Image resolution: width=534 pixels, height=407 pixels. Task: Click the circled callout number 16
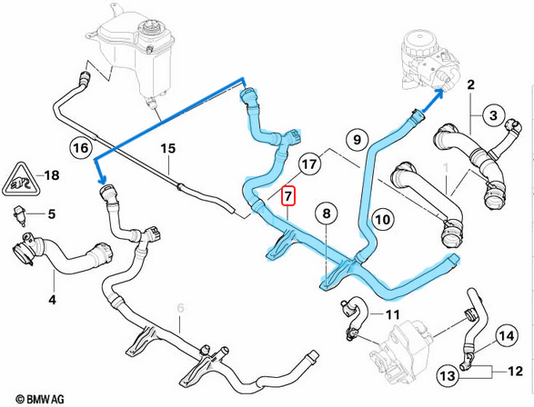tap(80, 146)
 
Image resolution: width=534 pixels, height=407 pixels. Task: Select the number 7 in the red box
tap(288, 194)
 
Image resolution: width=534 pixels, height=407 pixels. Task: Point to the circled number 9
tap(356, 139)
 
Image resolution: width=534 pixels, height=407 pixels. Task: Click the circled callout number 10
tap(382, 218)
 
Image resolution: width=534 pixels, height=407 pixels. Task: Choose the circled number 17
tap(309, 164)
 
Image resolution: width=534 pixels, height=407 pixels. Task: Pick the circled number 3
tap(492, 115)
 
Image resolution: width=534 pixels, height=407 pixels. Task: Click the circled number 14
tap(507, 337)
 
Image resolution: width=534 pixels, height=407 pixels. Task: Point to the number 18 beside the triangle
tap(52, 174)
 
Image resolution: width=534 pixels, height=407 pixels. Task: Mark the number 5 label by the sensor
tap(52, 214)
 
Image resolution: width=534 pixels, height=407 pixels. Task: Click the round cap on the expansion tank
tap(146, 38)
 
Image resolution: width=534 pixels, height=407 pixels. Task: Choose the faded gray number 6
tap(181, 309)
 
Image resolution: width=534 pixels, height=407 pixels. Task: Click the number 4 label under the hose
tap(52, 299)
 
